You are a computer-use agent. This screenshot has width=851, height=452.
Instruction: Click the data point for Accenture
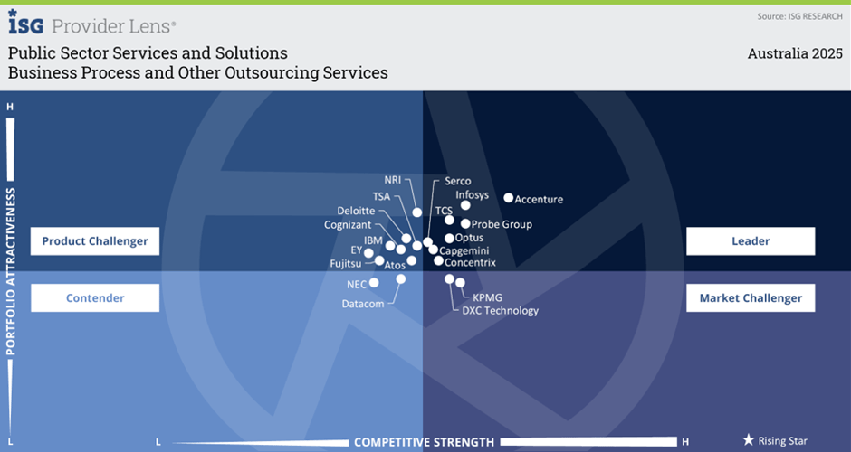coord(509,198)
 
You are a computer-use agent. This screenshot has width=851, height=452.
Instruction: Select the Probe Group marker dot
coord(465,224)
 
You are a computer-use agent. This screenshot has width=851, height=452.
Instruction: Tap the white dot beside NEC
coord(374,282)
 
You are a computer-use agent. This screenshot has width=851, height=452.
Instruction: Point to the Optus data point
coord(449,239)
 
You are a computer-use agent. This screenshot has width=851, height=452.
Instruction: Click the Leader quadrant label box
coord(751,241)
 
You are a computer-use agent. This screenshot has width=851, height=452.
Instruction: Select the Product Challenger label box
coord(95,241)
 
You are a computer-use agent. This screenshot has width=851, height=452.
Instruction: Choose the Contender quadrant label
coord(95,298)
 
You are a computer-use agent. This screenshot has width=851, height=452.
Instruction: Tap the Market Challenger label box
coord(751,298)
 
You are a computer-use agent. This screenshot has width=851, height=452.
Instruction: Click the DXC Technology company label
coord(501,311)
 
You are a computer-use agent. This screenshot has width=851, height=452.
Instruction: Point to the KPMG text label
coord(487,297)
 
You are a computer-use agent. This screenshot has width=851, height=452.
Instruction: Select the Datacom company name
coord(363,304)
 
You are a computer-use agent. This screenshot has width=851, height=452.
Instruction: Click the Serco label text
coord(458,181)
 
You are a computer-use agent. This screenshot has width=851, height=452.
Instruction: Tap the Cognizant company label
coord(348,225)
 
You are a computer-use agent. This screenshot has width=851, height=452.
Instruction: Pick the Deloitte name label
coord(356,211)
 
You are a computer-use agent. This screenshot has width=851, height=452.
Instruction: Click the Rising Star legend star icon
coord(749,439)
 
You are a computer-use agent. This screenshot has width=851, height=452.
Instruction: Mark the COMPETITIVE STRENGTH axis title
coord(425,442)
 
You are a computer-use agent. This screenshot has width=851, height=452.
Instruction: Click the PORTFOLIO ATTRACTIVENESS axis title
coord(10,271)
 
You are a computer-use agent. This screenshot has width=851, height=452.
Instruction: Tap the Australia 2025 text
coord(795,53)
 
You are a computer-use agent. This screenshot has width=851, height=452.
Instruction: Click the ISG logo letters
coord(25,23)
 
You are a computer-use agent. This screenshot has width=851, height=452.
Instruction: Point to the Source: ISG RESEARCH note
coord(800,16)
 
